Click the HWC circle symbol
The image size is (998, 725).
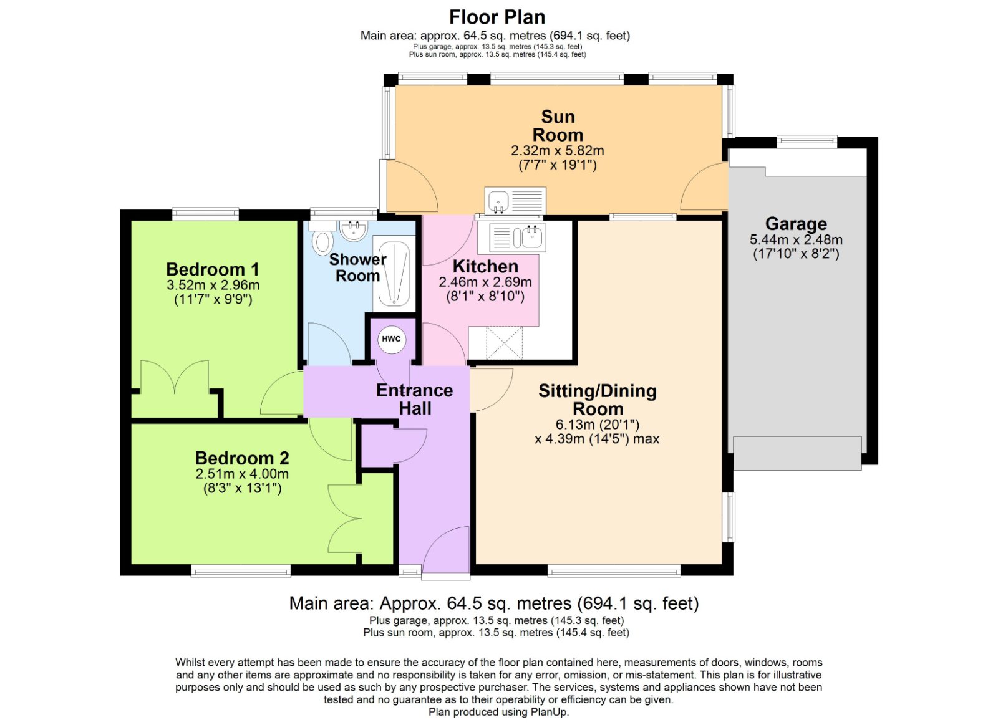[x=391, y=339]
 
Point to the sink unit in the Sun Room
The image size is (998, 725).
[x=515, y=201]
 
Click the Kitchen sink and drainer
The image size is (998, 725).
[x=517, y=237]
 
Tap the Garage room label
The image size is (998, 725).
[x=796, y=223]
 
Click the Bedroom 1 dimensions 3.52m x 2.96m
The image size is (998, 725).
[x=213, y=286]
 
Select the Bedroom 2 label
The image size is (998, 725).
[x=242, y=458]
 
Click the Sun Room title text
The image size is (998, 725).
[x=558, y=126]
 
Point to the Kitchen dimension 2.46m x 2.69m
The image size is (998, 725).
[x=485, y=282]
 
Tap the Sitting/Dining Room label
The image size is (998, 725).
[x=598, y=400]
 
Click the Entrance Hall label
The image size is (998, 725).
[x=415, y=399]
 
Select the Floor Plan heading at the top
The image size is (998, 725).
[x=497, y=17]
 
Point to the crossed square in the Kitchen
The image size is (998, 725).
[x=503, y=343]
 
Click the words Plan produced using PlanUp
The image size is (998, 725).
[x=498, y=712]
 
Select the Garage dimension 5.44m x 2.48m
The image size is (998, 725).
[x=796, y=239]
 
